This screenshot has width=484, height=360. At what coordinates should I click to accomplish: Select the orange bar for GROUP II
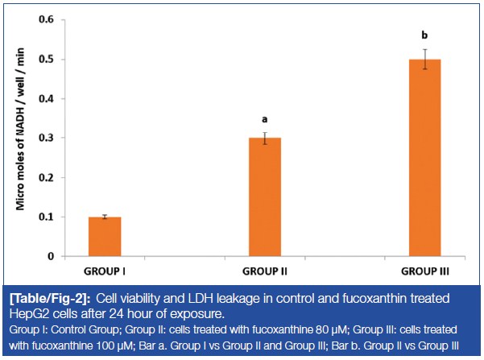pos(263,197)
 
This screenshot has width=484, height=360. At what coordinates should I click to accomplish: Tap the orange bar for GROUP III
pos(424,158)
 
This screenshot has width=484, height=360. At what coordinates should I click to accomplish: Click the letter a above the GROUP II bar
pos(263,118)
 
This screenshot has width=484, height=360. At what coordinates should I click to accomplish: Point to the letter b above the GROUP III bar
pos(424,35)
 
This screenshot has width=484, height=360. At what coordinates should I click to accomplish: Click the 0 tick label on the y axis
pos(60,256)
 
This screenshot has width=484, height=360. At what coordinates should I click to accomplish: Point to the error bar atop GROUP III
pos(424,60)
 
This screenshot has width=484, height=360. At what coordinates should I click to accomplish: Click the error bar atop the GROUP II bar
pos(263,138)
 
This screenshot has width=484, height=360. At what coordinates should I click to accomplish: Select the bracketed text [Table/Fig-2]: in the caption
pos(45,298)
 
